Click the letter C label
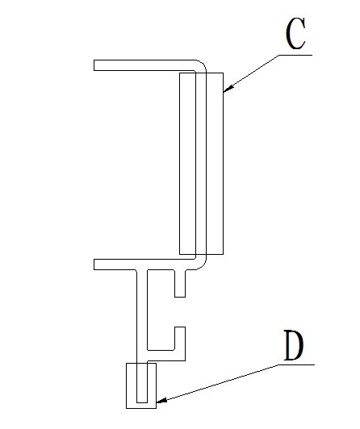(295, 34)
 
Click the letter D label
(294, 346)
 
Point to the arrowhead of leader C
(228, 89)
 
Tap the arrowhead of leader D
(161, 400)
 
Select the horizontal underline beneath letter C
(295, 55)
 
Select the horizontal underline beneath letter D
(296, 364)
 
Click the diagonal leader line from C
(251, 73)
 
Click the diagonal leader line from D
(217, 383)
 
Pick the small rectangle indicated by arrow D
(141, 385)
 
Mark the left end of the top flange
(94, 65)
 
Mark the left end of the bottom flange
(94, 264)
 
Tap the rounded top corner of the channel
(202, 65)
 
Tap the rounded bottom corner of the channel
(202, 264)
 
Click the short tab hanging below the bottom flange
(180, 284)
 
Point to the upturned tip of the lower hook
(180, 327)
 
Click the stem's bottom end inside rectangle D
(142, 402)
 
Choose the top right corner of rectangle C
(223, 73)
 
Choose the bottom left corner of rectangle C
(179, 254)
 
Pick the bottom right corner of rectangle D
(156, 408)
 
